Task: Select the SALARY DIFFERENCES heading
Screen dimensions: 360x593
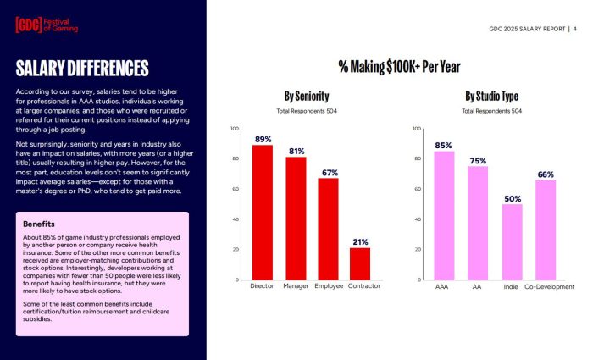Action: coord(82,68)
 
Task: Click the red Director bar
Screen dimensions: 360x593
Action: coord(263,213)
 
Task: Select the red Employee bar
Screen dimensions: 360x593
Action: coord(328,229)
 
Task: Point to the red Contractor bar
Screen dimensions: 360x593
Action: coord(360,263)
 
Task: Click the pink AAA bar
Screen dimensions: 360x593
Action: coord(444,215)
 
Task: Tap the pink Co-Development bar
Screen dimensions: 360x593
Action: coord(546,230)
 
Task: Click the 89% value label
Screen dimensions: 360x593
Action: coord(263,138)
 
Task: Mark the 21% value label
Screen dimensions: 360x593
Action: coord(360,241)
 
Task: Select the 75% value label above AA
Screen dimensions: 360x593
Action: coord(478,160)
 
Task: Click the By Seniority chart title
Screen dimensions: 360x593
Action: coord(307,96)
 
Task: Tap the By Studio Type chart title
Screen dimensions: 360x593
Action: coord(491,96)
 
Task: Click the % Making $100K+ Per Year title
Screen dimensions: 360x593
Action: coord(399,67)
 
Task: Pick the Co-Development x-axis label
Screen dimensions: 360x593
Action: coord(549,287)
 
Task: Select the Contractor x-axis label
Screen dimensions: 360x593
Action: coord(364,287)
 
